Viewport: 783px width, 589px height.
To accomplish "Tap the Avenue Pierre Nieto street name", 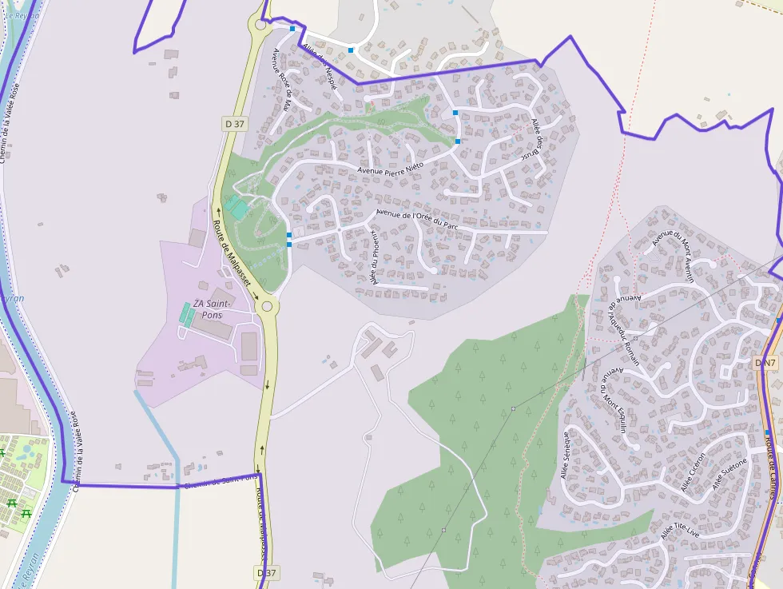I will (x=391, y=169).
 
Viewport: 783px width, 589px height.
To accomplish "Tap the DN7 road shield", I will (x=765, y=364).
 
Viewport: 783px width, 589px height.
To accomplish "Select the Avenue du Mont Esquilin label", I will (x=613, y=400).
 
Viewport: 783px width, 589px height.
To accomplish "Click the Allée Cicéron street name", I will (x=694, y=472).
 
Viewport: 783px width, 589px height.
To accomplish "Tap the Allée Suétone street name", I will (x=729, y=473).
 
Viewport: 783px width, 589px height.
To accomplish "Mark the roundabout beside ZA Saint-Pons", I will (x=267, y=306).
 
